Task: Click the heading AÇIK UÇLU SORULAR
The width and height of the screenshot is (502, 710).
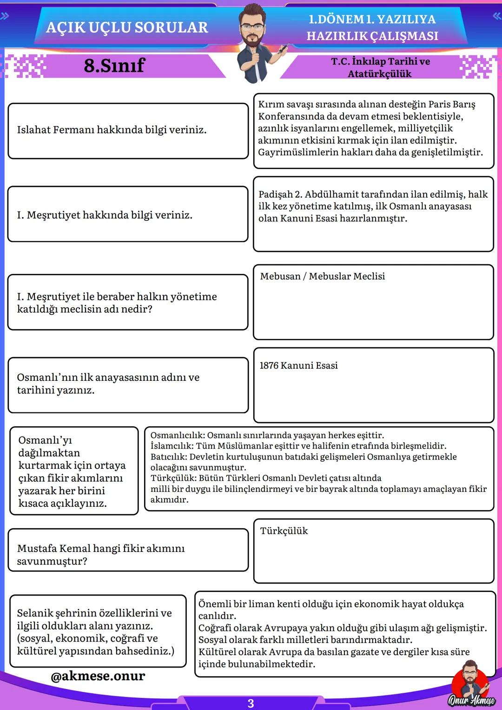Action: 127,27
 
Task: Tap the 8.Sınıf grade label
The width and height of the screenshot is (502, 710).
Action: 114,66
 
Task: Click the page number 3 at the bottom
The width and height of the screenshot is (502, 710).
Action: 251,703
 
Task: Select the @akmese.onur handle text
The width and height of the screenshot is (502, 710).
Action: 98,676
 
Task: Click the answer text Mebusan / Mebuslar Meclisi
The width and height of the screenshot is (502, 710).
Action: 322,276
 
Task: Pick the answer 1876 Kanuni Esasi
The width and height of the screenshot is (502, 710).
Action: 298,365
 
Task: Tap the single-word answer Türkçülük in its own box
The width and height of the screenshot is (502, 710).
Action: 284,531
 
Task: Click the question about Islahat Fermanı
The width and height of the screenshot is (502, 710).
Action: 112,130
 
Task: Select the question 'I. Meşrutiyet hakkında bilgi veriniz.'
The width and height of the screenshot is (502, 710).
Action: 105,215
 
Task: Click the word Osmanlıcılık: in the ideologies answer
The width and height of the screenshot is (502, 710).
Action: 177,436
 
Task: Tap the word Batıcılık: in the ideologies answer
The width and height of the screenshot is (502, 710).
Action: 169,457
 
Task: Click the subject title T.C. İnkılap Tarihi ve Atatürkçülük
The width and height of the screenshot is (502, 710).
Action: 380,67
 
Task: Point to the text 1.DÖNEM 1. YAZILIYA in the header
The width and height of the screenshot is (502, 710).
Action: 372,19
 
